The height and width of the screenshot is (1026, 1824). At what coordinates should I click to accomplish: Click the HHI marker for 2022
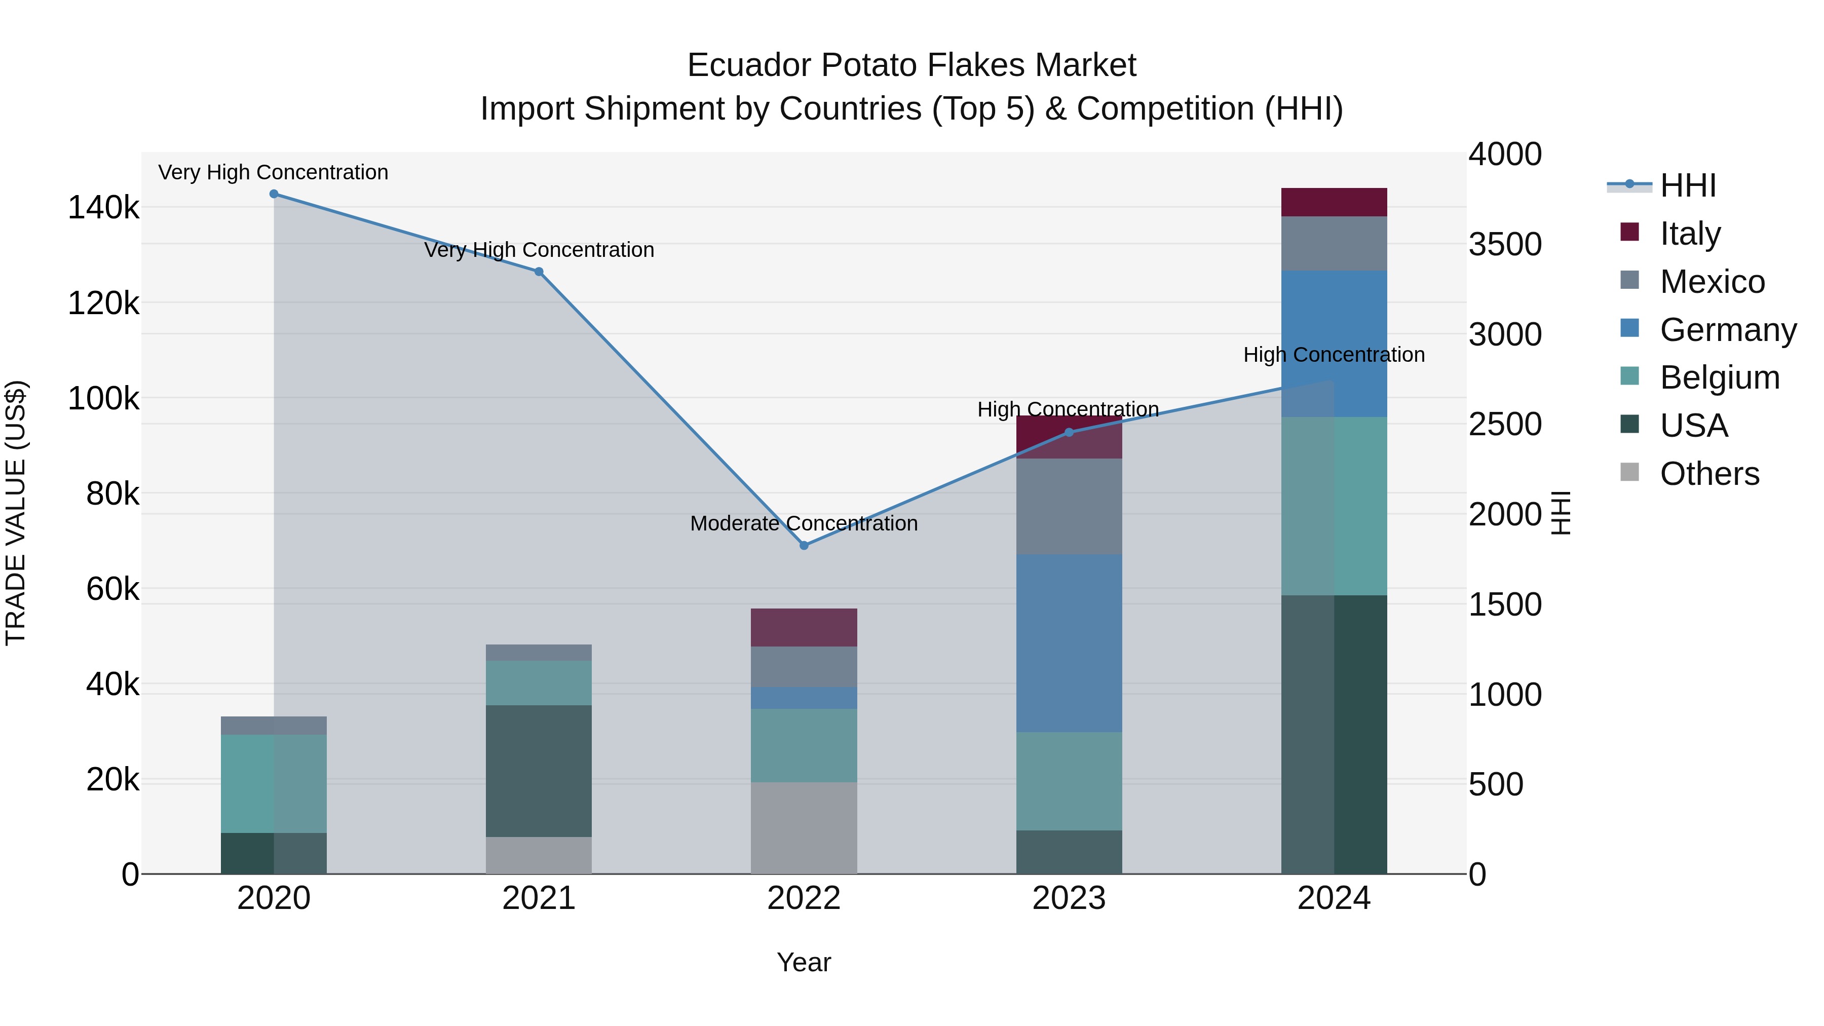point(804,545)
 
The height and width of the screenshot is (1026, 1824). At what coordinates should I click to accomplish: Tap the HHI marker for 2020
point(274,194)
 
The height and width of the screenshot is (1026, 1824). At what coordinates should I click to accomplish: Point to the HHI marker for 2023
point(1069,432)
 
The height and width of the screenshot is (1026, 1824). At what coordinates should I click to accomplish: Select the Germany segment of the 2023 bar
point(1069,643)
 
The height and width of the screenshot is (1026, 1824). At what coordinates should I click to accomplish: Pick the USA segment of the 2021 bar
point(539,771)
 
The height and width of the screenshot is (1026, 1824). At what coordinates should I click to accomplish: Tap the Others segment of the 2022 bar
point(804,828)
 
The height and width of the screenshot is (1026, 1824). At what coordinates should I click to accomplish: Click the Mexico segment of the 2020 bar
point(274,725)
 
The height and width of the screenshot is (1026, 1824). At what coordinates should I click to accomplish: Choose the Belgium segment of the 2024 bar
point(1334,506)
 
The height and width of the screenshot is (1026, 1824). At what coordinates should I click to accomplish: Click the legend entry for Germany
point(1728,330)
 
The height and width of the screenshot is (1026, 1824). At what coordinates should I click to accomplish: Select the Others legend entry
point(1709,474)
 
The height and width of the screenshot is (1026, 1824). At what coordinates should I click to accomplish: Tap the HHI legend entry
point(1688,185)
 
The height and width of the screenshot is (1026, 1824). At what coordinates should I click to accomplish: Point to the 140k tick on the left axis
point(103,208)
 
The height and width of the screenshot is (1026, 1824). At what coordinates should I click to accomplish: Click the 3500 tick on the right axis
point(1505,244)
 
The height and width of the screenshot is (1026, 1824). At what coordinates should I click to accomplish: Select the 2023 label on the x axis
point(1069,898)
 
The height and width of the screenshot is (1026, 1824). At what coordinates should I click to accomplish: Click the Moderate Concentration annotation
point(804,523)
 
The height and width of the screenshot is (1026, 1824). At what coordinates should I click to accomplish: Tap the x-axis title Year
point(804,962)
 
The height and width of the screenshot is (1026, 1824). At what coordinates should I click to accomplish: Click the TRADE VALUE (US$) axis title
point(16,513)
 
